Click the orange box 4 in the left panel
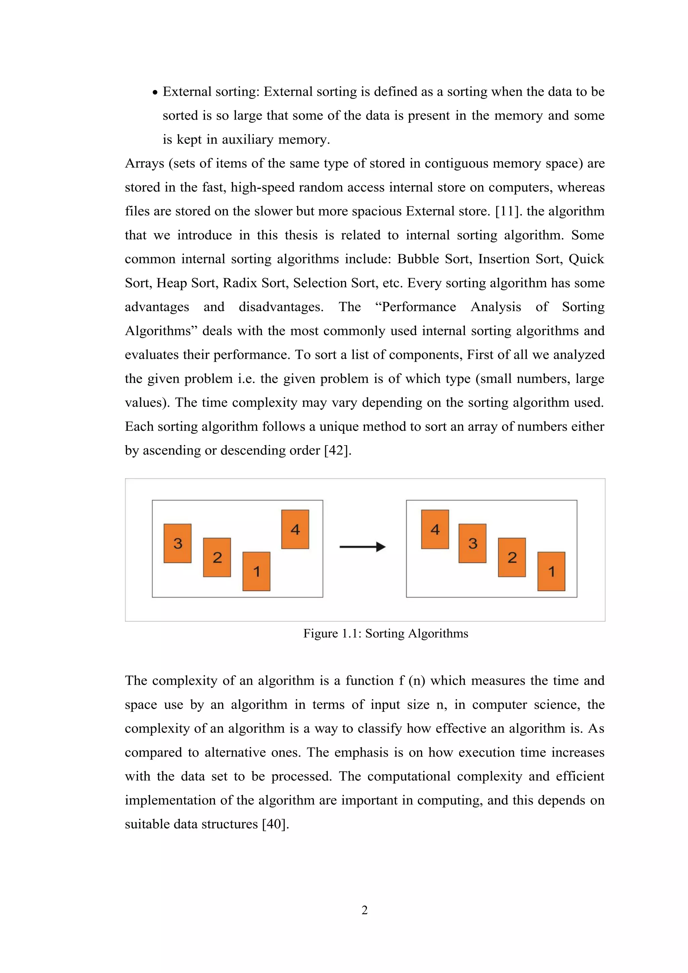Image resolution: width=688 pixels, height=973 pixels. (295, 529)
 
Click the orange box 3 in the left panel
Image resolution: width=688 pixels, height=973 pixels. (177, 543)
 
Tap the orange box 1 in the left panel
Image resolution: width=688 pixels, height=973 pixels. (256, 571)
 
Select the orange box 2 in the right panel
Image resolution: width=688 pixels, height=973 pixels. (512, 557)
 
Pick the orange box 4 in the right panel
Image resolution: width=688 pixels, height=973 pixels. (435, 529)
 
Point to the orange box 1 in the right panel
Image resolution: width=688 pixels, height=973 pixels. (551, 571)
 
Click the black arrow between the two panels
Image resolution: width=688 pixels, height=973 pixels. (362, 547)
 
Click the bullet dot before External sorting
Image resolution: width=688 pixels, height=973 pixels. (155, 92)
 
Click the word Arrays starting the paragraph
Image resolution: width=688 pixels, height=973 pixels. (144, 163)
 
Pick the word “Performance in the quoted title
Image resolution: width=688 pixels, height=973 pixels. (415, 307)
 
